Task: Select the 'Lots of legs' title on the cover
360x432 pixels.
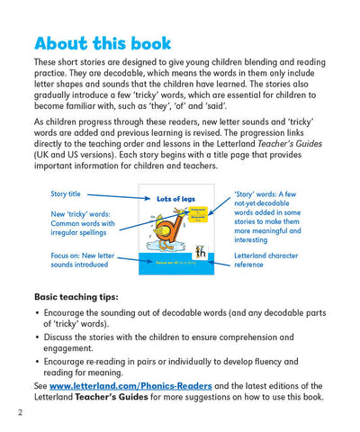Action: [x=176, y=198]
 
